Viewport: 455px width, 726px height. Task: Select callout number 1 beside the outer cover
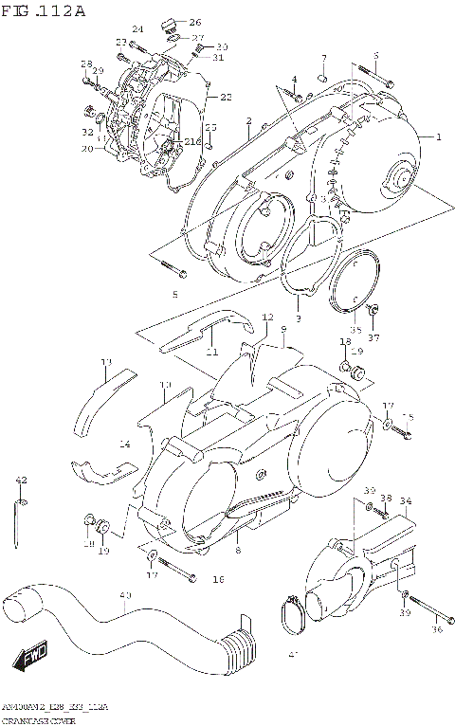[438, 136]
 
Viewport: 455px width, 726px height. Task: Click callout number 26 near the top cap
[195, 22]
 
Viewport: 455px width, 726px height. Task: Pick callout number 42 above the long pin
[21, 481]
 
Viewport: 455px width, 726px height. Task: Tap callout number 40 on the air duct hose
[124, 595]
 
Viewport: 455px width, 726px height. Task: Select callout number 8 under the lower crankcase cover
[238, 550]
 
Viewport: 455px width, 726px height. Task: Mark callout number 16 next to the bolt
[218, 578]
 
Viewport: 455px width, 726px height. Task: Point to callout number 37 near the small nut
[373, 337]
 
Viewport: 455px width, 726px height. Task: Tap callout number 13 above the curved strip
[106, 362]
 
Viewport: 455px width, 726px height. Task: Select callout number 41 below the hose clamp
[292, 655]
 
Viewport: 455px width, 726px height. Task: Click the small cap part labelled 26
[169, 23]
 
